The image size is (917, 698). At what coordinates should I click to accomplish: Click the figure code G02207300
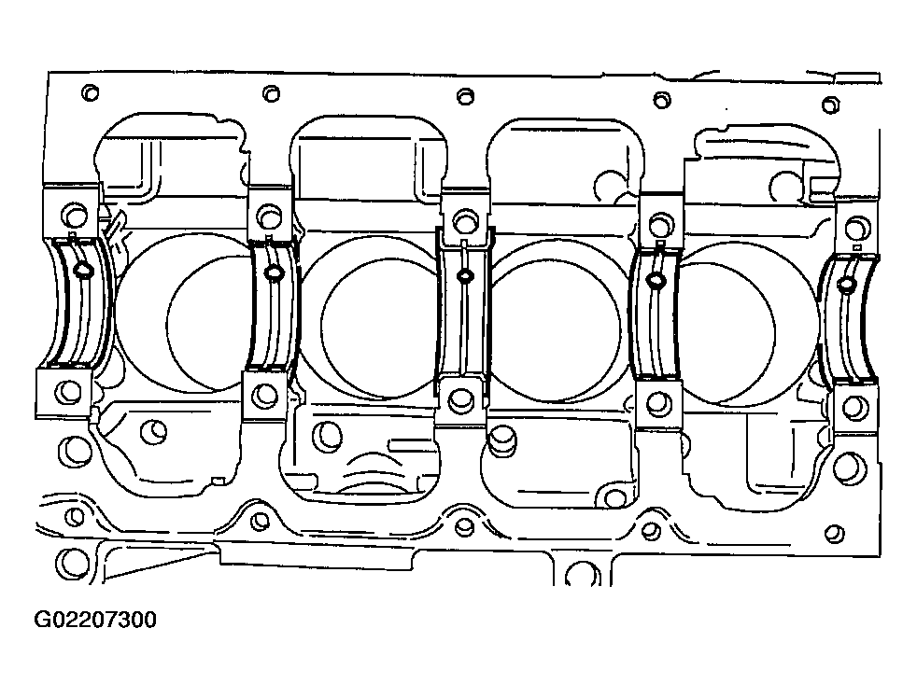[95, 620]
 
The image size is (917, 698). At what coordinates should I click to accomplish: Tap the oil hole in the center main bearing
[464, 275]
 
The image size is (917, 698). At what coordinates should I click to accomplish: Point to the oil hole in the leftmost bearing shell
[81, 271]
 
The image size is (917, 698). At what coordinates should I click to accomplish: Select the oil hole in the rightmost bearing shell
[846, 284]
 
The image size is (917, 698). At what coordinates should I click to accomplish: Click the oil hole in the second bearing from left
[274, 273]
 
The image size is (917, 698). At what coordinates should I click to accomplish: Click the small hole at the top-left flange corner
[90, 92]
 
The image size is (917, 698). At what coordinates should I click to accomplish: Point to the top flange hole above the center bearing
[464, 96]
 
